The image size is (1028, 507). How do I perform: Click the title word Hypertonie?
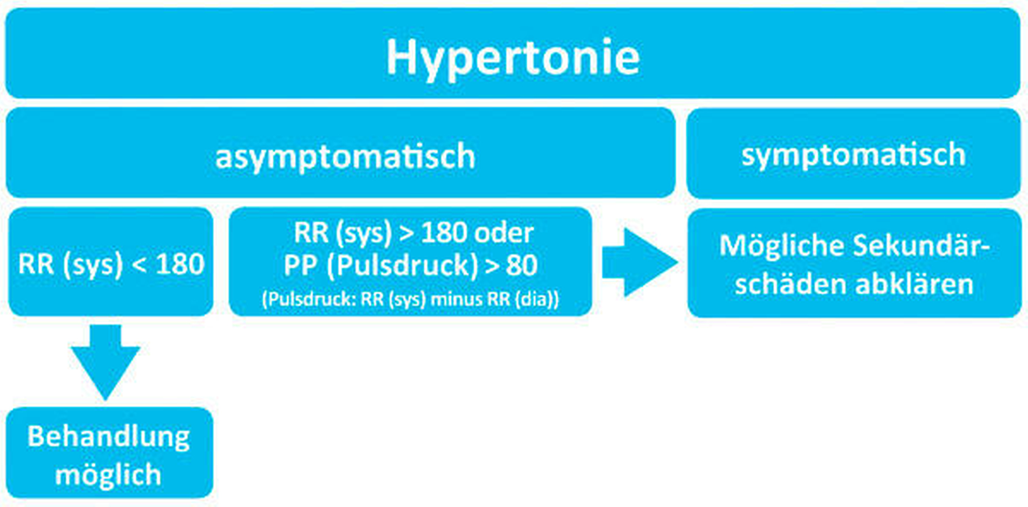(x=512, y=58)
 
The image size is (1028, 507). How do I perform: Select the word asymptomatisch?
(x=345, y=157)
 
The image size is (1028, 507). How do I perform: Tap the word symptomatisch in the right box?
(x=853, y=155)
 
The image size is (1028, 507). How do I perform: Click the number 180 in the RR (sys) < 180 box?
(x=180, y=265)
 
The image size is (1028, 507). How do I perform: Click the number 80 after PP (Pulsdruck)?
(x=522, y=265)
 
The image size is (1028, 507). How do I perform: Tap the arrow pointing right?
(x=640, y=262)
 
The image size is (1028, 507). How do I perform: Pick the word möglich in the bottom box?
(x=108, y=475)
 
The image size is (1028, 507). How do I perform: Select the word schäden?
(x=792, y=284)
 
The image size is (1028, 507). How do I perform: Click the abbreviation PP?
(x=302, y=265)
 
